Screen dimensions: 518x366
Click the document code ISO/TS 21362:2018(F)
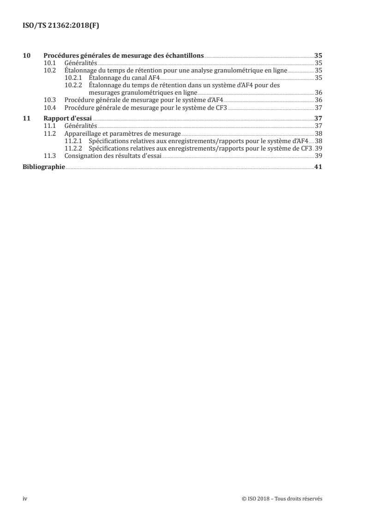[x=61, y=26]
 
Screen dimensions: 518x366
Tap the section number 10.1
[x=49, y=63]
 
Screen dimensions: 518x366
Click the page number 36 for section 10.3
[x=318, y=100]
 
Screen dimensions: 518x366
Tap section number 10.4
[x=49, y=107]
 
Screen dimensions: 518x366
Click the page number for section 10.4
[x=318, y=107]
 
